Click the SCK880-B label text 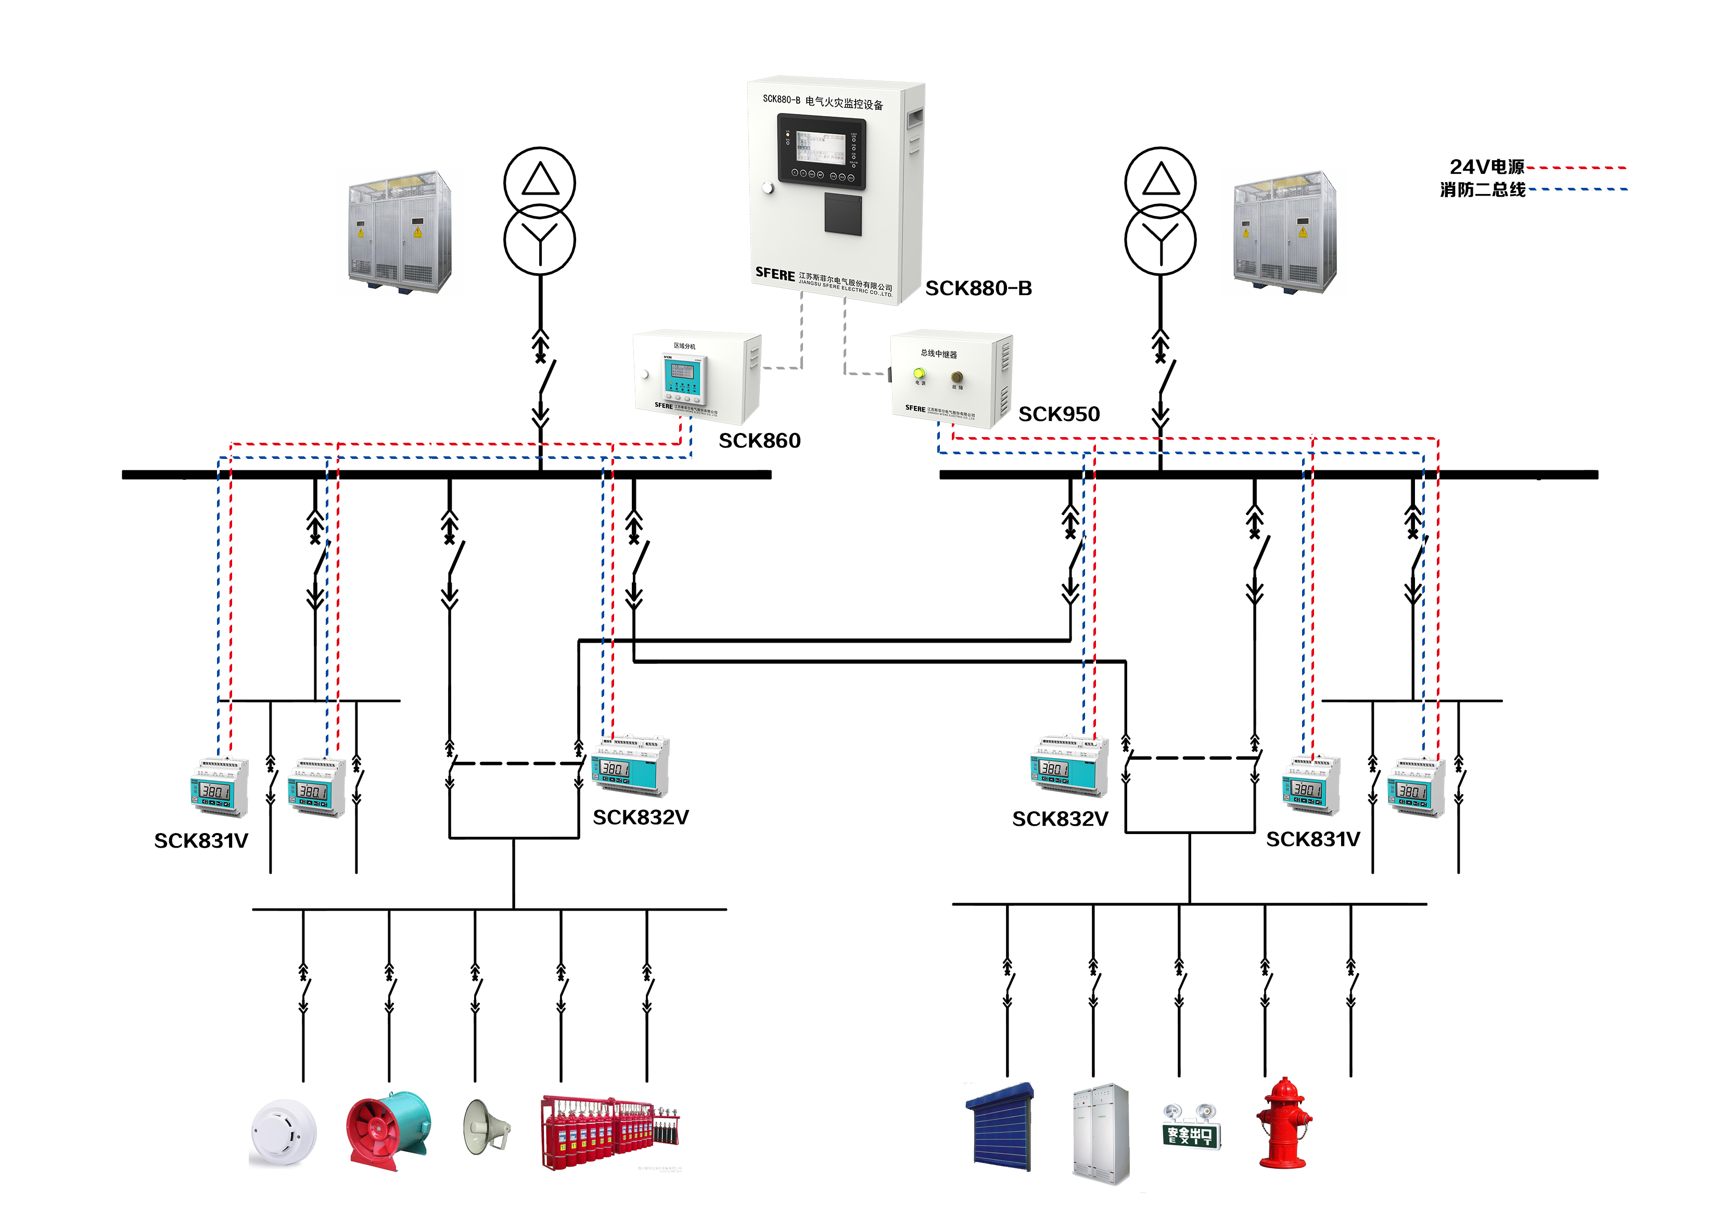(x=978, y=288)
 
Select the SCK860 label (x=759, y=440)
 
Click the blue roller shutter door (x=1001, y=1127)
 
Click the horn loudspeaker (x=485, y=1127)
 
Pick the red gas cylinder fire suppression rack (x=609, y=1132)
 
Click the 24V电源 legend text (x=1486, y=167)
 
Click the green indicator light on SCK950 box (x=919, y=373)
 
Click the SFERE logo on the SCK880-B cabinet (x=775, y=274)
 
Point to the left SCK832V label (x=640, y=818)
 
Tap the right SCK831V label (x=1312, y=839)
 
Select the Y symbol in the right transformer (x=1159, y=239)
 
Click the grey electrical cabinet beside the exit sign (x=1100, y=1133)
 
